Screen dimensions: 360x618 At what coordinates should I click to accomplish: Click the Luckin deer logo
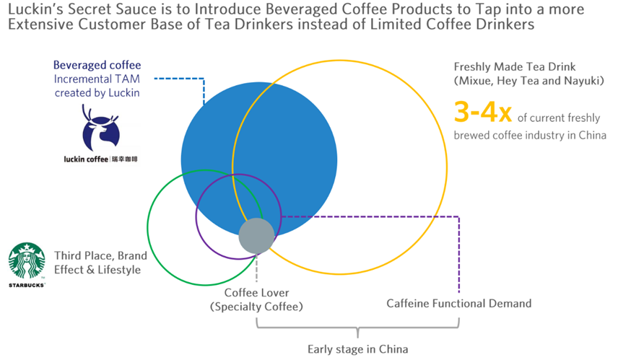click(97, 129)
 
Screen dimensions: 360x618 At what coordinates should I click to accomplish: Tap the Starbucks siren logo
click(27, 260)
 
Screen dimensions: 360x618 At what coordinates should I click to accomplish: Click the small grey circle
click(256, 236)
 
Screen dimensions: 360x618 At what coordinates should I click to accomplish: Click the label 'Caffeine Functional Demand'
click(458, 304)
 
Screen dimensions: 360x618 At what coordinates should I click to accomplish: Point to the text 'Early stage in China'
click(357, 349)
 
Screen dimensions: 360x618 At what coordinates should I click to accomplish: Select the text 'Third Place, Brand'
click(100, 256)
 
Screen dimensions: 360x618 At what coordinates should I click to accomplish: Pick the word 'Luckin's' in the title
click(35, 9)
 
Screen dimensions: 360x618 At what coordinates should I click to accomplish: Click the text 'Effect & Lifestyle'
click(97, 270)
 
